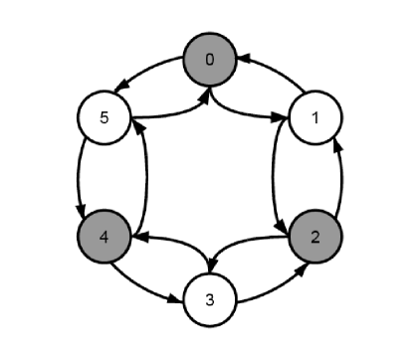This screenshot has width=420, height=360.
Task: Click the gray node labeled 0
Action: [x=209, y=60]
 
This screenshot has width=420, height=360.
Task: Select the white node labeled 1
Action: [x=315, y=119]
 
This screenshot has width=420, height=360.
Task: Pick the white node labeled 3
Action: [x=209, y=299]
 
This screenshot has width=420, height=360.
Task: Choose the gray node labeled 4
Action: [x=104, y=239]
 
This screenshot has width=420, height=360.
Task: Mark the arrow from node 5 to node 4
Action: [x=77, y=179]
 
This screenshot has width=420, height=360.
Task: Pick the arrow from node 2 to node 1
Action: [x=341, y=179]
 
